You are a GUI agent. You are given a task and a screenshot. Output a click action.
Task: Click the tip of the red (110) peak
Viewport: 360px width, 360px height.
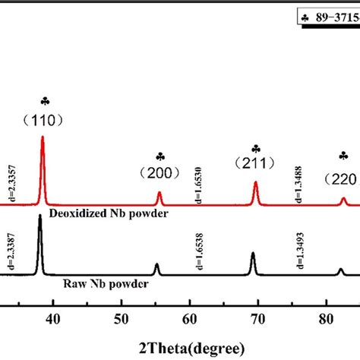(43, 137)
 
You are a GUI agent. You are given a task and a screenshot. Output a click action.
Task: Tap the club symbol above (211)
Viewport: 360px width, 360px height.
(256, 148)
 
